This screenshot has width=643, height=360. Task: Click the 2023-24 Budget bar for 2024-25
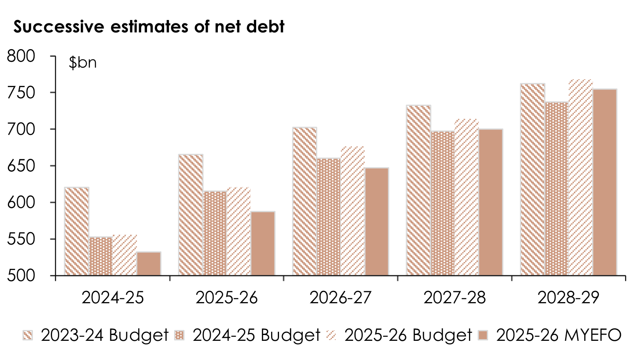[77, 231]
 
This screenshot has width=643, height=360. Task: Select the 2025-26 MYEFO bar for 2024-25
[149, 263]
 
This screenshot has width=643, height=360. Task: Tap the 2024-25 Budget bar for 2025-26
[215, 233]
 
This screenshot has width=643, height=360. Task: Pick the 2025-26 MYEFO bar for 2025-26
[263, 243]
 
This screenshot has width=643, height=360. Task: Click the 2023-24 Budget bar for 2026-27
[305, 201]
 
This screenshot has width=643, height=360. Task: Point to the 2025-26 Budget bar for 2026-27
[353, 211]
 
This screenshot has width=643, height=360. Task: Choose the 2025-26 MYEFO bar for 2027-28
[491, 202]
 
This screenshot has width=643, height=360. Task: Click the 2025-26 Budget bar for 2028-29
[581, 177]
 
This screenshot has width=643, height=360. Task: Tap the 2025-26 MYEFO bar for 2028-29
[605, 182]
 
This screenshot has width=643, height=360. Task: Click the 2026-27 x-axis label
[341, 298]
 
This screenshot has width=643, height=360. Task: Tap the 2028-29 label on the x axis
[568, 298]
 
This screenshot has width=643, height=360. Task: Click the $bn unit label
[83, 63]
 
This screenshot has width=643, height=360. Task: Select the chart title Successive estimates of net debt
[149, 27]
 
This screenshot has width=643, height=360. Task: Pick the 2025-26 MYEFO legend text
[559, 335]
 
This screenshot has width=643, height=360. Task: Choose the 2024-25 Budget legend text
[256, 335]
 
